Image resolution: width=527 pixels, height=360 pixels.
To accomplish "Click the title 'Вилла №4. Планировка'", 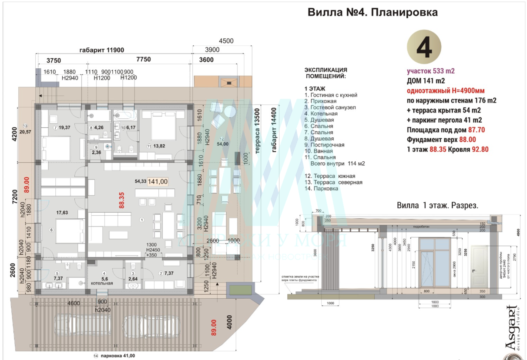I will pos(373,12).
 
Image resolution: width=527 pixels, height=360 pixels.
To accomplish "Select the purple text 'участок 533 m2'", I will pos(431,71).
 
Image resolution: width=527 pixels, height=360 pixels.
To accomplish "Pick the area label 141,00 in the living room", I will pos(158,182).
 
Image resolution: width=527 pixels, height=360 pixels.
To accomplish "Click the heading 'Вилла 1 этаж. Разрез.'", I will pos(437,205).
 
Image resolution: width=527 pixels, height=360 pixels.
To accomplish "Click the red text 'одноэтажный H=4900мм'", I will pos(446,91).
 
